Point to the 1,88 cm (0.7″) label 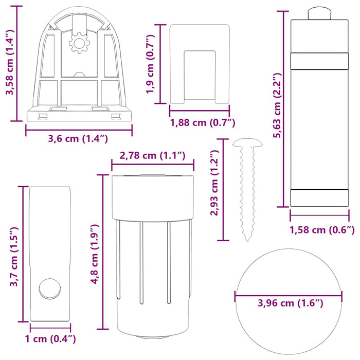point(202,122)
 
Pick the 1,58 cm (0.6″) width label point(322,230)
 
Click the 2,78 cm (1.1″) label point(152,156)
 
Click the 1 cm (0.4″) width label point(50,338)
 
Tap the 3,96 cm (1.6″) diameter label point(289,303)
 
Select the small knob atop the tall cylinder point(318,13)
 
